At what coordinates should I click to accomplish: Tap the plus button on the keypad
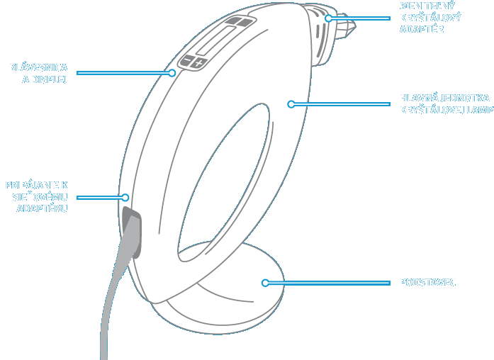point(198,64)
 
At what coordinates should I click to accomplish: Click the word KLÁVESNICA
point(38,68)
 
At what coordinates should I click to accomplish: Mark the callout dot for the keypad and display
point(172,72)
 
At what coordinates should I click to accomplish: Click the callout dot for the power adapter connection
point(125,197)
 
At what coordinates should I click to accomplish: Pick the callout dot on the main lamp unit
point(291,104)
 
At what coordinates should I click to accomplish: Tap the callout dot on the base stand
point(265,282)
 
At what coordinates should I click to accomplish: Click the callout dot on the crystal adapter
point(329,18)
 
